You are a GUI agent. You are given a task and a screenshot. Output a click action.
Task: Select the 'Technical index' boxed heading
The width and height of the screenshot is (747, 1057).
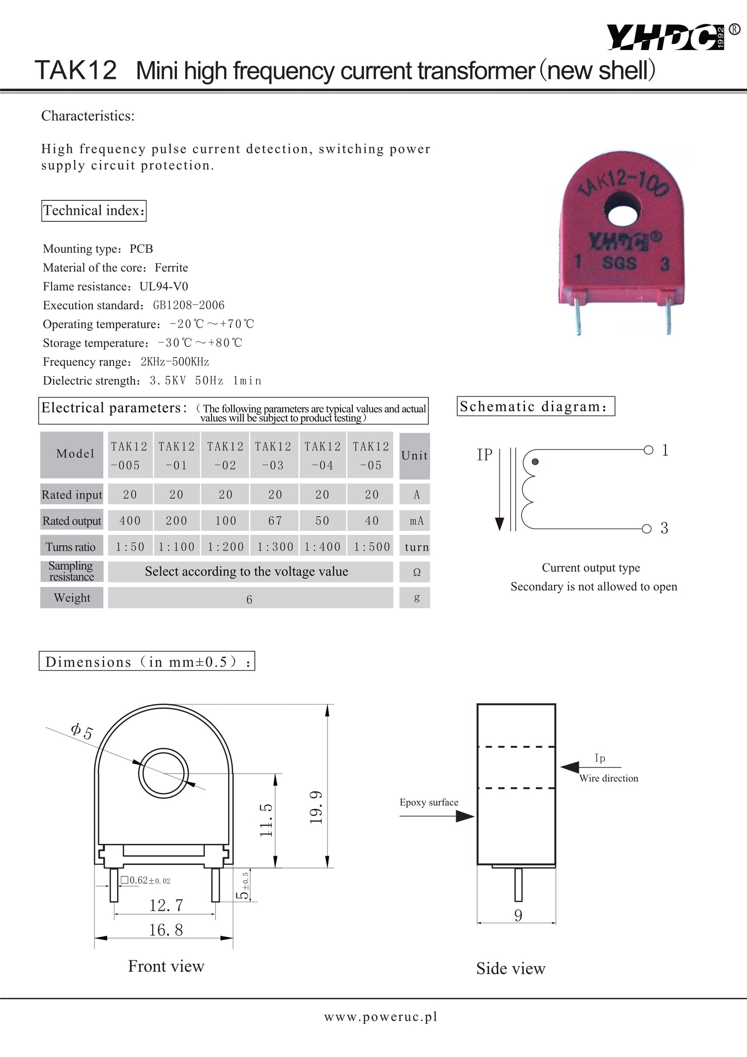tap(93, 211)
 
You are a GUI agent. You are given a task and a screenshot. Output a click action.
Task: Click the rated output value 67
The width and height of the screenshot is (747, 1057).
tap(275, 521)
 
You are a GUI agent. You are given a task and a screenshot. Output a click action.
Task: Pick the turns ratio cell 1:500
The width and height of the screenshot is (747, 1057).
tap(371, 547)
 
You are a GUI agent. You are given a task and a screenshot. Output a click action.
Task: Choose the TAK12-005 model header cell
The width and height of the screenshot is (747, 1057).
tap(129, 455)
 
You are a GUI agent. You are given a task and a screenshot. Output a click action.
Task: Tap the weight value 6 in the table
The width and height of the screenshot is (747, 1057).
tap(249, 599)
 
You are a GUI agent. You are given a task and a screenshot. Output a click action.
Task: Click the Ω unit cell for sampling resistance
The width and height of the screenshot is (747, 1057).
tap(417, 572)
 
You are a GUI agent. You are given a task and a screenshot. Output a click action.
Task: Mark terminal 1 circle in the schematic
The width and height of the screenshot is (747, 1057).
tap(648, 450)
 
